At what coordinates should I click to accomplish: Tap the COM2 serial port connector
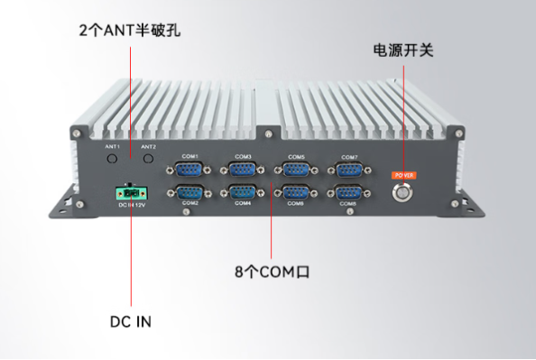(189, 191)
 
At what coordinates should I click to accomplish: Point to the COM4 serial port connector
(242, 191)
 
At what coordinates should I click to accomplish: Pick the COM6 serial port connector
(295, 191)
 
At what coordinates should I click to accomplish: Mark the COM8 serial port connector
(348, 191)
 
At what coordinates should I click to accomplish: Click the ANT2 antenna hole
(149, 159)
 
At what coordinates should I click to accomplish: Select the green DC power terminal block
(131, 193)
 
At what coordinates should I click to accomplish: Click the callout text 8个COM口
(271, 270)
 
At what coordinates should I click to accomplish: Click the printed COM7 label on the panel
(349, 157)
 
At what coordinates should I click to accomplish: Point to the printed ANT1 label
(112, 146)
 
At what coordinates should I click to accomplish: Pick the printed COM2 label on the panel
(189, 203)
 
